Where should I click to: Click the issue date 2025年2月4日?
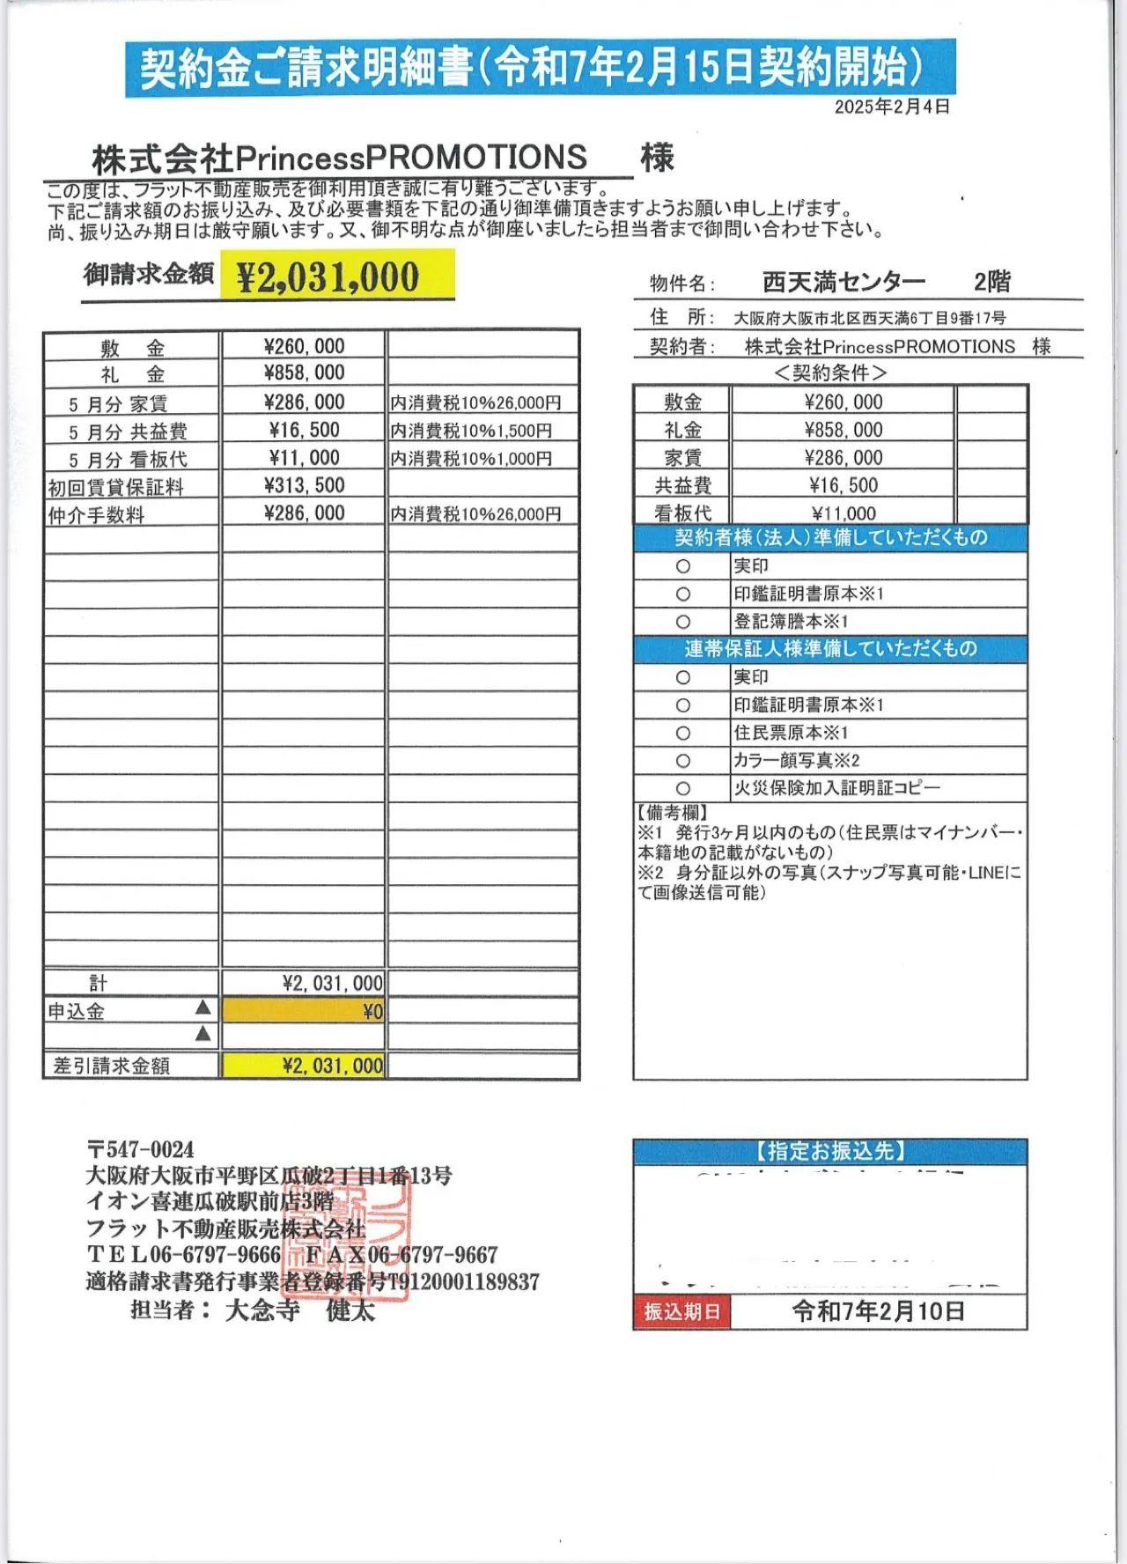click(892, 107)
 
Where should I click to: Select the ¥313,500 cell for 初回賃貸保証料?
click(304, 485)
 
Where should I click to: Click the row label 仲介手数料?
click(96, 514)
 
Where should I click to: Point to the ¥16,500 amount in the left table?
click(304, 430)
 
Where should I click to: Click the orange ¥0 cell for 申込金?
click(304, 1011)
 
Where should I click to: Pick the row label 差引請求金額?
click(111, 1066)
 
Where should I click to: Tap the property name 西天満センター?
click(843, 282)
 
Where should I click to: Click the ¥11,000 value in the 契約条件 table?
click(843, 513)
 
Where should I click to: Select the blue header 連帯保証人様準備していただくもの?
click(830, 649)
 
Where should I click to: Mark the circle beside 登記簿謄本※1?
click(682, 622)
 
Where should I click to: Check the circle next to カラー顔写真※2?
click(682, 761)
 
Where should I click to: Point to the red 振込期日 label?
click(681, 1311)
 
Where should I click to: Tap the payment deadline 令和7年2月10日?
click(878, 1311)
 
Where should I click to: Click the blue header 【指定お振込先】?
click(830, 1151)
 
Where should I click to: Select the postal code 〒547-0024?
click(141, 1149)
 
